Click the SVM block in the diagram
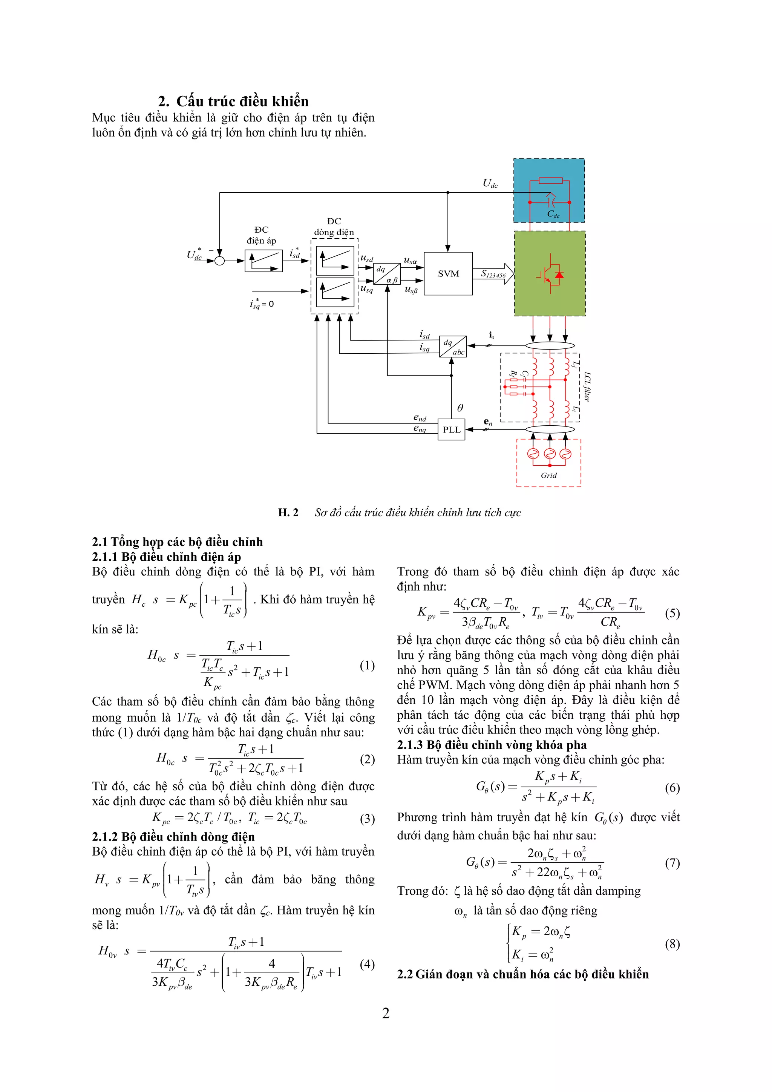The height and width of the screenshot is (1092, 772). pyautogui.click(x=448, y=273)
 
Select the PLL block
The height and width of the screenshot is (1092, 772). pyautogui.click(x=451, y=429)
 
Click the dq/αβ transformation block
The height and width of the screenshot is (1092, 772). pyautogui.click(x=386, y=274)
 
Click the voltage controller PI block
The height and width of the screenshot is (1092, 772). pyautogui.click(x=263, y=261)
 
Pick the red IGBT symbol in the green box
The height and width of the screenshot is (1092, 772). pyautogui.click(x=550, y=274)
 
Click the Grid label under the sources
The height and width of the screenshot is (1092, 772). pyautogui.click(x=548, y=475)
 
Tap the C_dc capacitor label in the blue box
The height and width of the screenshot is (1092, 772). pyautogui.click(x=553, y=214)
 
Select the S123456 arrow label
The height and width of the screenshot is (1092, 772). pyautogui.click(x=493, y=274)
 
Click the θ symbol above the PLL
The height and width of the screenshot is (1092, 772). pyautogui.click(x=460, y=408)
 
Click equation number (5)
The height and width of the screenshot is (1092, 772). pyautogui.click(x=672, y=613)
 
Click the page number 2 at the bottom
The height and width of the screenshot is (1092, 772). pyautogui.click(x=386, y=1013)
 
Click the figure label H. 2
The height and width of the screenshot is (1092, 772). pyautogui.click(x=288, y=512)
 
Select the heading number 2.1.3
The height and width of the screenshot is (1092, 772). pyautogui.click(x=410, y=745)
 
